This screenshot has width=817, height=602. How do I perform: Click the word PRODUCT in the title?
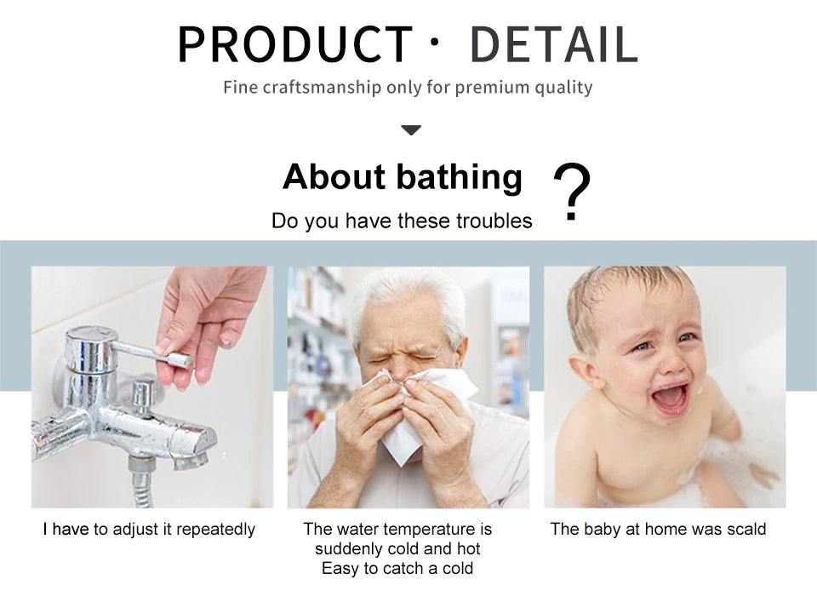(x=295, y=44)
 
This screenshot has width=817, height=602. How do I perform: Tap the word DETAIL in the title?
(x=554, y=44)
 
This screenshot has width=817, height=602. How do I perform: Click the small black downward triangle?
(x=411, y=129)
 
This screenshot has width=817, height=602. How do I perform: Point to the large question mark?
(x=572, y=192)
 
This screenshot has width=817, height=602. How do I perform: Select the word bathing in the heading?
(x=459, y=177)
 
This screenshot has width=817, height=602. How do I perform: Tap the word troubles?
(x=494, y=221)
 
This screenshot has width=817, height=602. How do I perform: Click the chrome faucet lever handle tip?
(x=180, y=359)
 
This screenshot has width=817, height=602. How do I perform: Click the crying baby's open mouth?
(x=672, y=398)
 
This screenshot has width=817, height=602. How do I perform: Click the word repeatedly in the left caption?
(x=215, y=530)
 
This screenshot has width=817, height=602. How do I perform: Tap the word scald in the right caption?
(x=746, y=529)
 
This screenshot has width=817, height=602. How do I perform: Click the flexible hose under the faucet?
(x=140, y=485)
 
